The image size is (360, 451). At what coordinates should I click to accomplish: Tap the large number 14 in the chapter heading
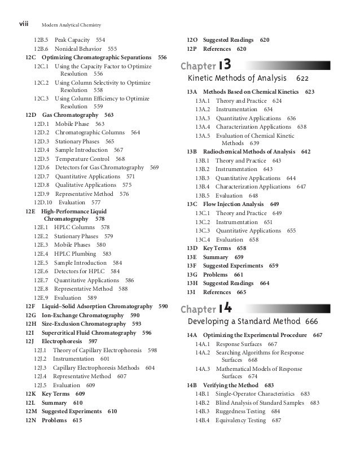[x=224, y=309]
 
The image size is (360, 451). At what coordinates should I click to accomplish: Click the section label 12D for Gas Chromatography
[x=31, y=115]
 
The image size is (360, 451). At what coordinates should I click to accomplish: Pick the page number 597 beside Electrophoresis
[x=93, y=341]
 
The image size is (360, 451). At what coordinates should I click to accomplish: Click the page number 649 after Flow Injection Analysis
[x=275, y=204]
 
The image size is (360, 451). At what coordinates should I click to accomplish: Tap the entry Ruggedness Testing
[x=243, y=411]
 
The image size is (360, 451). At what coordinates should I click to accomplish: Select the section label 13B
[x=192, y=152]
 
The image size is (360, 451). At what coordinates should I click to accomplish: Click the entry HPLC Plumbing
[x=74, y=254]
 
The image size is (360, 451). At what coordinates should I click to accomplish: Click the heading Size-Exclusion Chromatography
[x=84, y=323]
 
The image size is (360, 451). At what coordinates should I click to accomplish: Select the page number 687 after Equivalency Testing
[x=276, y=421]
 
